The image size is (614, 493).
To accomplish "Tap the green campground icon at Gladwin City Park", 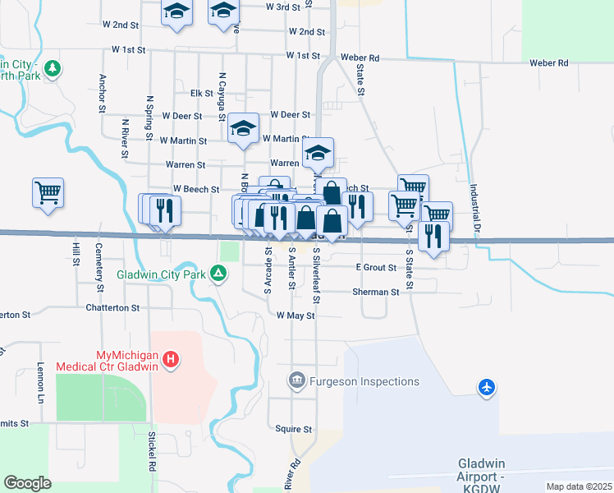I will [218, 273].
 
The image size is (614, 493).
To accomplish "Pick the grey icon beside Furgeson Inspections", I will [296, 380].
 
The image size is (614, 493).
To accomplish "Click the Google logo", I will [27, 483].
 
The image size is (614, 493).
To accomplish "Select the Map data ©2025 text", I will [578, 486].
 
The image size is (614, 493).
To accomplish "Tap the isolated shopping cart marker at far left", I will [48, 193].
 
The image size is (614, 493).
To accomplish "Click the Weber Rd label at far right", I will [549, 62].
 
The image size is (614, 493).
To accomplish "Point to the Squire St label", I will [294, 429].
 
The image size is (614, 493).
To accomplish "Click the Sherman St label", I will [375, 292].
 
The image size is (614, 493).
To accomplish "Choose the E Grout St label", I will [376, 268].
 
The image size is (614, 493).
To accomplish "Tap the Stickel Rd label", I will [151, 449].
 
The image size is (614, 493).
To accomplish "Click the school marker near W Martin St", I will [244, 129].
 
